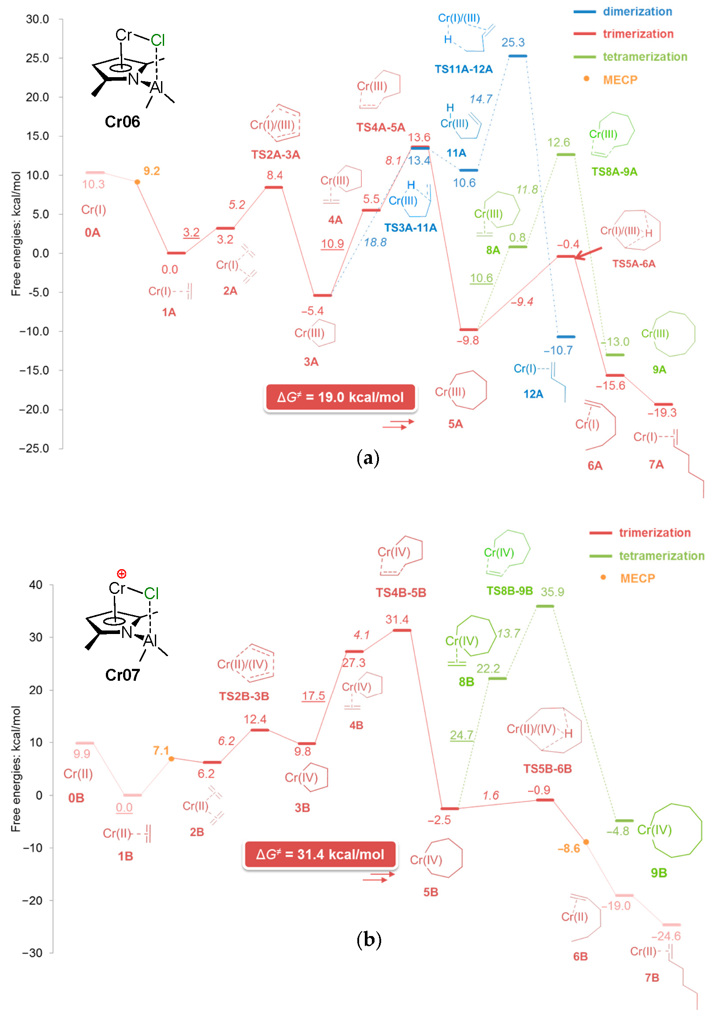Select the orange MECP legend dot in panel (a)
click(x=586, y=79)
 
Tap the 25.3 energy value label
click(x=513, y=43)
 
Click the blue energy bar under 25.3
click(x=517, y=56)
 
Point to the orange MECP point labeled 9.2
click(x=137, y=182)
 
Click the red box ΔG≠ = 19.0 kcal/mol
click(x=340, y=397)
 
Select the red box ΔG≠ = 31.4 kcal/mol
click(x=319, y=854)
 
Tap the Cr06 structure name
click(x=123, y=122)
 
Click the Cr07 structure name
click(x=123, y=675)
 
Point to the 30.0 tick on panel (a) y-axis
click(x=37, y=19)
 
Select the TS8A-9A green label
click(x=614, y=172)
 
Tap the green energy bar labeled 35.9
click(x=544, y=606)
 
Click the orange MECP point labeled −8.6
click(x=586, y=842)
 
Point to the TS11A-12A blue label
click(x=464, y=69)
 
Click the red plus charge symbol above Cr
click(x=122, y=574)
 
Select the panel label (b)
click(x=369, y=940)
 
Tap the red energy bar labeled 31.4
click(x=401, y=630)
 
